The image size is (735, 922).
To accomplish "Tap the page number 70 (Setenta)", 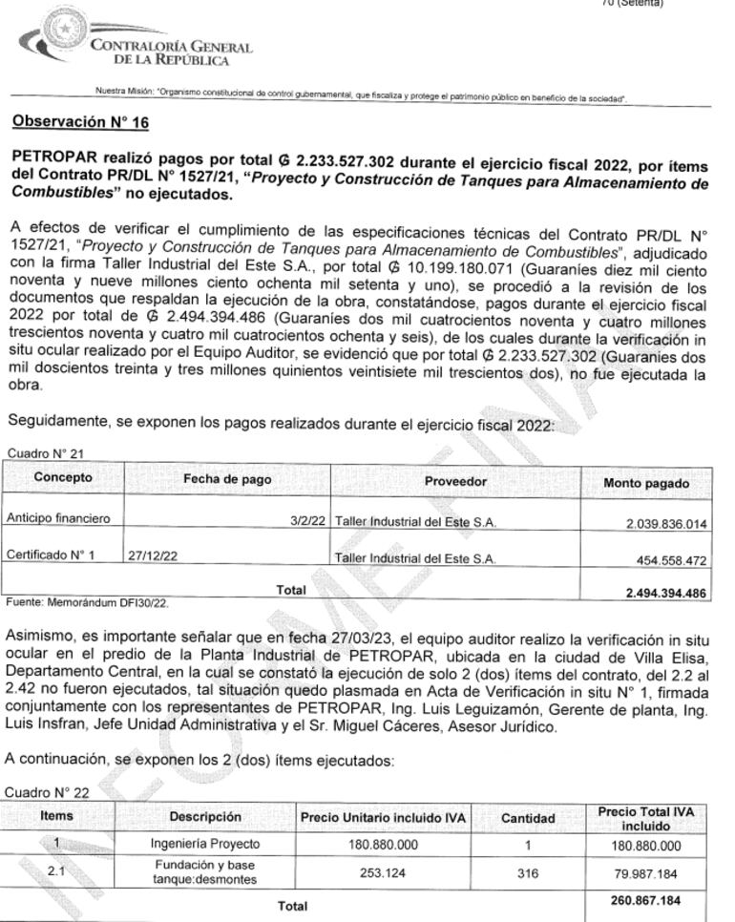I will pyautogui.click(x=632, y=4).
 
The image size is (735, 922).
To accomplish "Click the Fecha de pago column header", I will pyautogui.click(x=227, y=479).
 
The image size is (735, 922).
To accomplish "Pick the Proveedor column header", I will pyautogui.click(x=455, y=481).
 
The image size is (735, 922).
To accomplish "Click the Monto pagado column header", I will pyautogui.click(x=646, y=483).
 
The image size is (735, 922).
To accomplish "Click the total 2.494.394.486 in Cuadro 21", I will pyautogui.click(x=665, y=593).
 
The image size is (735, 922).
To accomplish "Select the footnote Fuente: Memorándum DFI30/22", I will pyautogui.click(x=87, y=602).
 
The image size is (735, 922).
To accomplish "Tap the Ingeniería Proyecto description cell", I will pyautogui.click(x=205, y=845).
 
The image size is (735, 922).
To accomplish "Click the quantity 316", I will pyautogui.click(x=528, y=873).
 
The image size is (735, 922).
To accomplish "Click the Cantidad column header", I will pyautogui.click(x=528, y=818).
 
